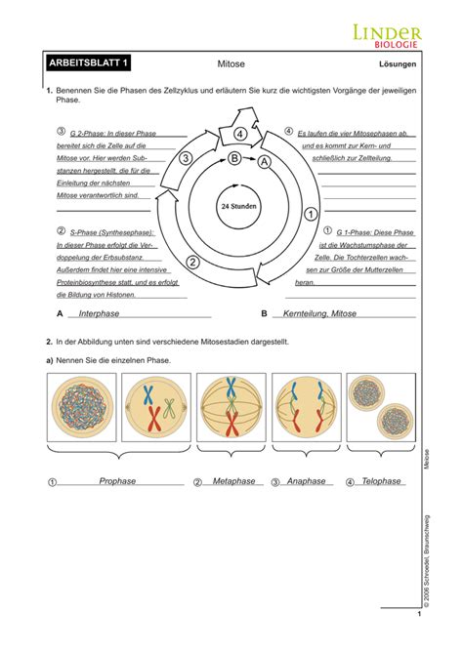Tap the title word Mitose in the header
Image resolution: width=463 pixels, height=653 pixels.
point(231,65)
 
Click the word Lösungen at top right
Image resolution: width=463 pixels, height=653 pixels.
point(398,66)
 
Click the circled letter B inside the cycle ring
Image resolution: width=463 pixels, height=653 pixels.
point(234,157)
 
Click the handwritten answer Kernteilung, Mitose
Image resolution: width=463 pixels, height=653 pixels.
point(319,313)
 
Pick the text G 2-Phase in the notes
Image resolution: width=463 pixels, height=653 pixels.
point(86,132)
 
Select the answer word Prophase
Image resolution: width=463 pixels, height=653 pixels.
point(117,481)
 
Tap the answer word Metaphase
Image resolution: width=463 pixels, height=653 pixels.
point(233,481)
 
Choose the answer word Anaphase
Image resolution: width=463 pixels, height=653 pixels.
point(306,481)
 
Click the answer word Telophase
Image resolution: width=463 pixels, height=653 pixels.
point(381,481)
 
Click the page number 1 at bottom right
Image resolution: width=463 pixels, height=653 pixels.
point(418,614)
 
